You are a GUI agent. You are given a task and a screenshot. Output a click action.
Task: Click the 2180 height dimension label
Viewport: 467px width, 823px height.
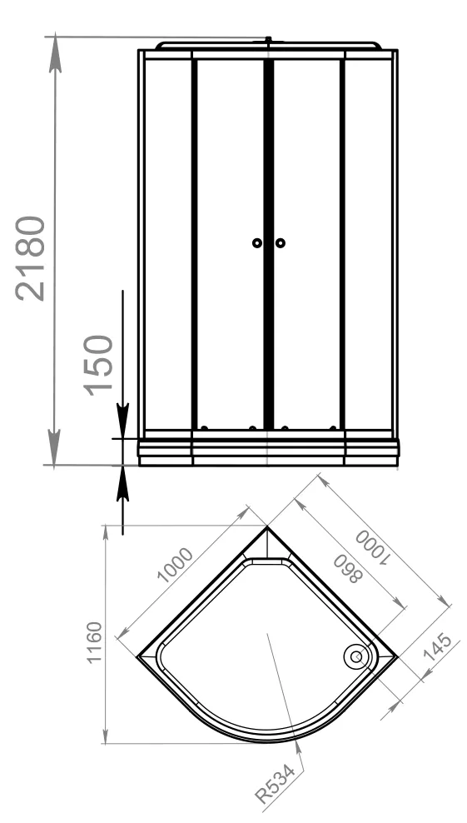(x=31, y=258)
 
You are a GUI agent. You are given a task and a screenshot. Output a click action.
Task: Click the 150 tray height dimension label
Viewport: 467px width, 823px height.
(x=98, y=365)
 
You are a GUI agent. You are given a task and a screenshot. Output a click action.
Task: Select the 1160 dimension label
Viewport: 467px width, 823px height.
(x=94, y=642)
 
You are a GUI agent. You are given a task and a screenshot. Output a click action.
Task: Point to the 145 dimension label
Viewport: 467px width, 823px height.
(x=437, y=647)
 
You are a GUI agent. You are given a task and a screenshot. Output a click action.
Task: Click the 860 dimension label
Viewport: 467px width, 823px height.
(x=348, y=568)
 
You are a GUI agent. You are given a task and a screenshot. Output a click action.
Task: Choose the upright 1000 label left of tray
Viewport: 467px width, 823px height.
(x=176, y=565)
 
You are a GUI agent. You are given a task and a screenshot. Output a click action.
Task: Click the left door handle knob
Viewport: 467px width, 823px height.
(x=256, y=243)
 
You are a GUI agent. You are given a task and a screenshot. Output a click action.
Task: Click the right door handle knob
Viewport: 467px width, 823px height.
(x=281, y=243)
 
